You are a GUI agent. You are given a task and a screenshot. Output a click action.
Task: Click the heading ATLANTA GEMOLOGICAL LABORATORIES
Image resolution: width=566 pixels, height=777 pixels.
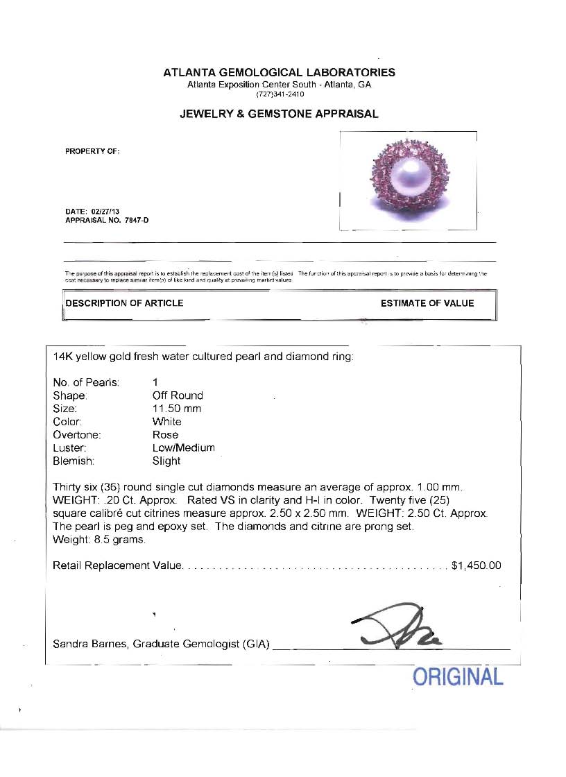279,72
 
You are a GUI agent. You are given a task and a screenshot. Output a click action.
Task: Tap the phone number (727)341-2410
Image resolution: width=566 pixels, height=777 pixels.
279,94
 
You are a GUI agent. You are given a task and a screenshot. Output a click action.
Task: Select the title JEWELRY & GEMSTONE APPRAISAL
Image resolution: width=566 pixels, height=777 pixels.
279,114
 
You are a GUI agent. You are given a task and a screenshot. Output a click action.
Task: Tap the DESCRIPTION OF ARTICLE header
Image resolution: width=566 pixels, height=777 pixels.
124,303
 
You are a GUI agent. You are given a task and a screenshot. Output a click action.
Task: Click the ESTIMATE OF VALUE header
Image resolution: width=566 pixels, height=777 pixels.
427,303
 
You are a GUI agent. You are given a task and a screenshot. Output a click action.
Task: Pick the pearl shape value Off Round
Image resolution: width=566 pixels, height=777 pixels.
178,395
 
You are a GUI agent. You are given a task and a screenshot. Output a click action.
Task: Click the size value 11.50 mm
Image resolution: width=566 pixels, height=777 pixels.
177,409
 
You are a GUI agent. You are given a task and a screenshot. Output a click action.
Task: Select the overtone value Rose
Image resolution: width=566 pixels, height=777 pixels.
165,435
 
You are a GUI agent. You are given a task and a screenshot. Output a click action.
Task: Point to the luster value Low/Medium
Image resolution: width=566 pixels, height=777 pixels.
184,447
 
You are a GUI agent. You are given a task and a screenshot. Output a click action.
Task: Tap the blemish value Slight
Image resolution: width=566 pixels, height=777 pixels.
166,461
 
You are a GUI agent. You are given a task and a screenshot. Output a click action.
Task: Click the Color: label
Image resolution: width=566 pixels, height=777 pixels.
67,422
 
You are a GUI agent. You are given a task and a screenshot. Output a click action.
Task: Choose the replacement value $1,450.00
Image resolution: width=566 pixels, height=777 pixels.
476,565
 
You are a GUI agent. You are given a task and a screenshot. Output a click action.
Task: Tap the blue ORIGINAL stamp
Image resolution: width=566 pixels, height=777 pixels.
458,676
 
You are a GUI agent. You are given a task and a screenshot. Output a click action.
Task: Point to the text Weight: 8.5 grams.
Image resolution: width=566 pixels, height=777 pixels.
99,540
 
